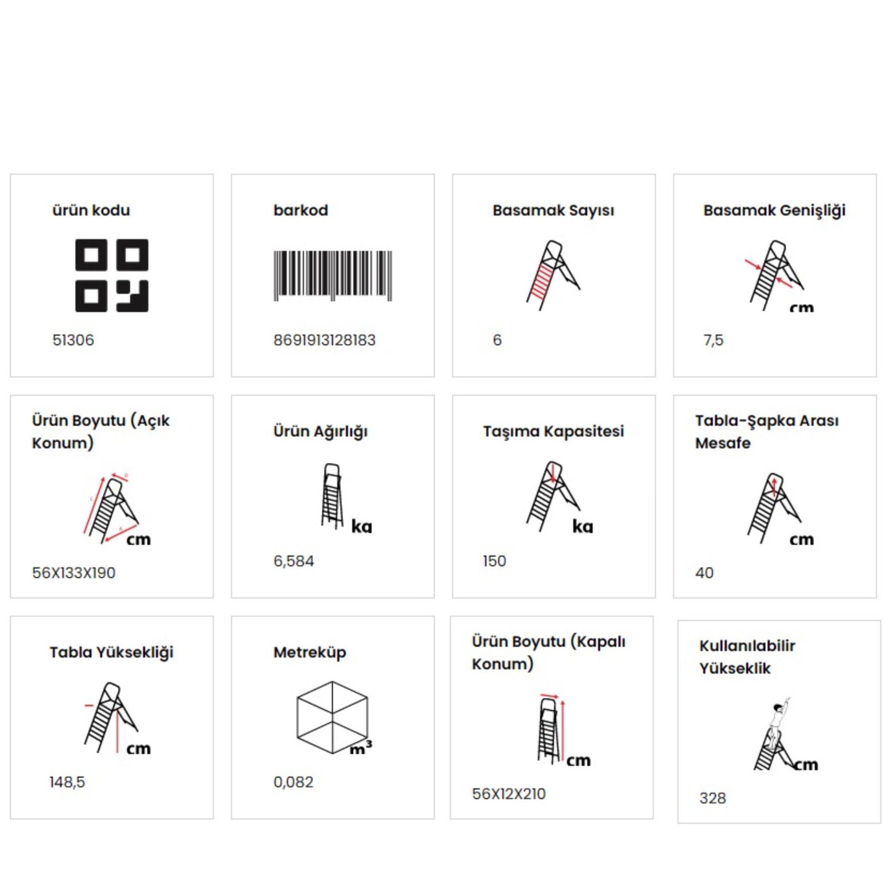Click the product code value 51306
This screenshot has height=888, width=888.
click(73, 340)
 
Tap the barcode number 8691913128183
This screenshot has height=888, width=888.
click(324, 340)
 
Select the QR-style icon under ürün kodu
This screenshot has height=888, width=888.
click(112, 275)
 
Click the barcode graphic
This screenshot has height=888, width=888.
click(333, 276)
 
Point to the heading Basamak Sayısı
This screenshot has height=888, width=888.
click(553, 210)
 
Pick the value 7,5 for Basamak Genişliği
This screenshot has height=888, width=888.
click(713, 340)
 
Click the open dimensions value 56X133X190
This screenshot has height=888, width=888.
click(74, 573)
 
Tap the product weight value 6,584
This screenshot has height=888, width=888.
click(294, 561)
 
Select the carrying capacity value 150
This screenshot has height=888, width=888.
click(494, 561)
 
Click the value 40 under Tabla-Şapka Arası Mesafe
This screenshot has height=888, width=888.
click(704, 573)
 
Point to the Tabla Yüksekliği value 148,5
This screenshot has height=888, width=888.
click(68, 782)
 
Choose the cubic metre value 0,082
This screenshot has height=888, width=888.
click(293, 782)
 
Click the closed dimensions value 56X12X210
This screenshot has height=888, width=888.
click(509, 794)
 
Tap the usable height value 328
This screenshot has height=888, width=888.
click(713, 798)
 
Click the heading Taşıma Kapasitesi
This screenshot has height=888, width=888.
click(554, 432)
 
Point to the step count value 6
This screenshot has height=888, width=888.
click(497, 340)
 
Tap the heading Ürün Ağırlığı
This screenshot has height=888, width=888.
click(321, 432)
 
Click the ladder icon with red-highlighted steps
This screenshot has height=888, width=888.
click(553, 275)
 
